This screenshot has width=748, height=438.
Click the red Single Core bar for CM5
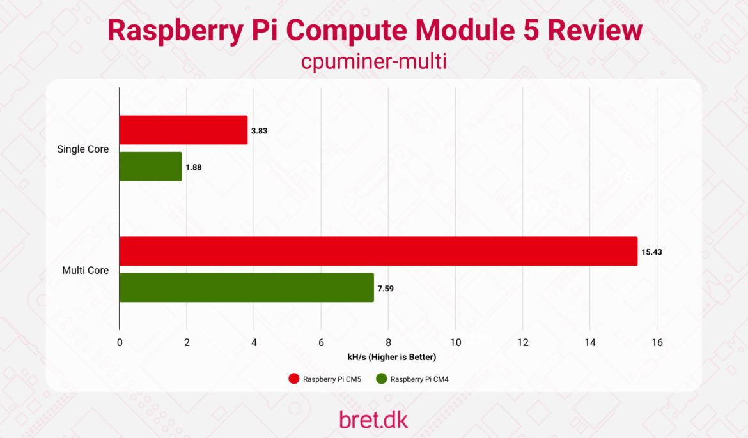[x=183, y=130]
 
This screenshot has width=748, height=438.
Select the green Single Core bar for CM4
[x=151, y=166]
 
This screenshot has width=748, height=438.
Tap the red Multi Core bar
[x=378, y=251]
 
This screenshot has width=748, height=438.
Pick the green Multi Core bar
[x=247, y=287]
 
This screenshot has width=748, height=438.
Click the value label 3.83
[x=259, y=130]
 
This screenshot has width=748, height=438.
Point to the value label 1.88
[x=193, y=167]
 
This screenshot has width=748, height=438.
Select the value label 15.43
[x=651, y=252]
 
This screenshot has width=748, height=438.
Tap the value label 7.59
[x=385, y=288]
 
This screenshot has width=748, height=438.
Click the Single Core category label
[x=83, y=149]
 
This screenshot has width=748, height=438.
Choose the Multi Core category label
[x=85, y=270]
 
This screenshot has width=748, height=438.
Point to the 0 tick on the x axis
[x=120, y=342]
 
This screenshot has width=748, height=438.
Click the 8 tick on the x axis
[x=388, y=342]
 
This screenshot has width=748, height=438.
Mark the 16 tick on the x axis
[x=657, y=342]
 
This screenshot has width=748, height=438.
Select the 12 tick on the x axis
[x=522, y=342]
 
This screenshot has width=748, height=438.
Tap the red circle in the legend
[x=294, y=379]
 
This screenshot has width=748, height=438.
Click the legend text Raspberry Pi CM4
[x=423, y=379]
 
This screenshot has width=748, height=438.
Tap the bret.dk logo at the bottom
[x=373, y=419]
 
